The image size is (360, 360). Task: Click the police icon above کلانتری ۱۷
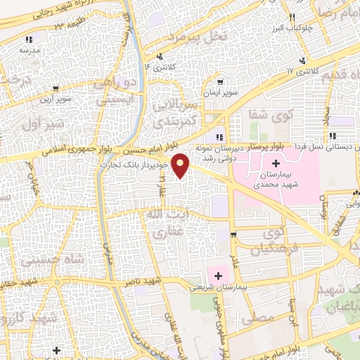click(302, 61)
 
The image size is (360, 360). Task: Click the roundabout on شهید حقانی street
click(57, 282)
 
